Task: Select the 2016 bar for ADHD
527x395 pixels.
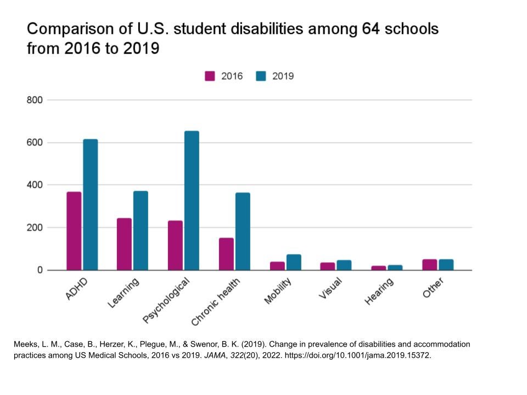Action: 74,231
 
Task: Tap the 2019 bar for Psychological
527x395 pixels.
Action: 192,200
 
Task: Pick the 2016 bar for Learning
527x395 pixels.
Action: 124,244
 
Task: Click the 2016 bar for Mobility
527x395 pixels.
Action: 277,266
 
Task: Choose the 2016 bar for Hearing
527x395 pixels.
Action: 379,268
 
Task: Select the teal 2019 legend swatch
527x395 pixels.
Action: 261,76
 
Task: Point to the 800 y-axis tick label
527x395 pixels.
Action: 34,100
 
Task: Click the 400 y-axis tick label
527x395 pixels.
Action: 34,185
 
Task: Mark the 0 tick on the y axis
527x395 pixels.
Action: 40,270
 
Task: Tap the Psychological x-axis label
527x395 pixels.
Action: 166,300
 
